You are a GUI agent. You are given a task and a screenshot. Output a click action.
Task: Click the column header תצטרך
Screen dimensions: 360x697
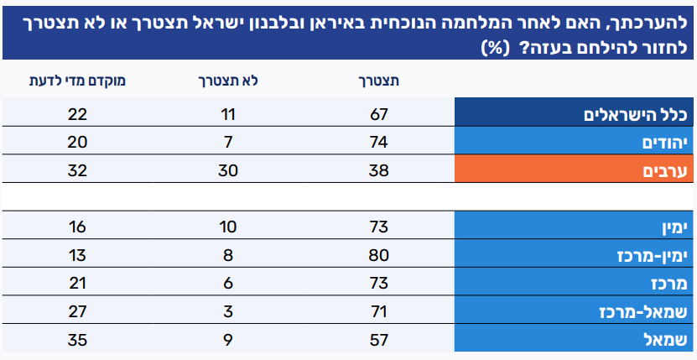coord(379,81)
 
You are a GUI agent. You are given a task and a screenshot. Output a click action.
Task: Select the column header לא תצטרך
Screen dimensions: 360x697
coord(226,81)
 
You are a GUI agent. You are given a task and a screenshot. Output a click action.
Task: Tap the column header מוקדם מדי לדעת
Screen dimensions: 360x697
coord(78,81)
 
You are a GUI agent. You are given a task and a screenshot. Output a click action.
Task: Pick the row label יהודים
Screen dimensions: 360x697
coord(662,142)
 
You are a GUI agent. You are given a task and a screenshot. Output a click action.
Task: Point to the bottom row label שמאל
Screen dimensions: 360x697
coord(667,340)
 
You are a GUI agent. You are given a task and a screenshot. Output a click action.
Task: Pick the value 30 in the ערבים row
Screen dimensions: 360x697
coord(226,170)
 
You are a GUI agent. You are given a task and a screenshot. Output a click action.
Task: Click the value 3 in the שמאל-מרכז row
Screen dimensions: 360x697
coord(226,312)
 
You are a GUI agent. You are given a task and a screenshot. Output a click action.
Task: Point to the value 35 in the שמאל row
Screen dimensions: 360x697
coord(77,340)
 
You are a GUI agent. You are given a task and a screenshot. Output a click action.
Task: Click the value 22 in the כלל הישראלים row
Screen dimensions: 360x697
coord(77,114)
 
